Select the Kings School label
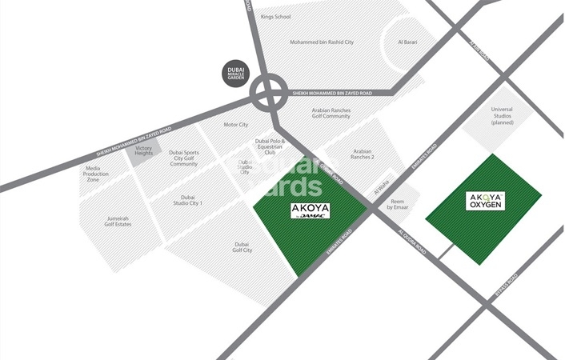click(x=277, y=16)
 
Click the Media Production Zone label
click(x=104, y=174)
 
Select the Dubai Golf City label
click(x=242, y=247)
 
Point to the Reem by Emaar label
click(x=399, y=204)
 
